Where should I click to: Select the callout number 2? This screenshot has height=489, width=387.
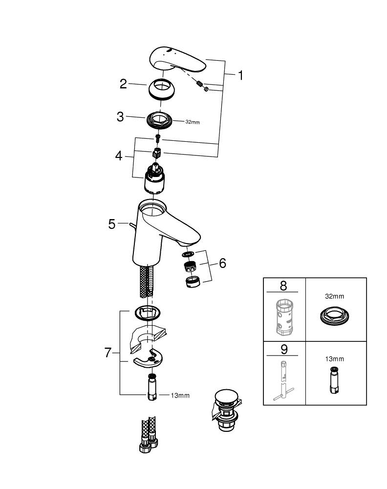pos(124,84)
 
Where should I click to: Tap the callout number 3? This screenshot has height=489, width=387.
pos(120,117)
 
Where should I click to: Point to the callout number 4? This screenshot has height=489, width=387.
pos(119,156)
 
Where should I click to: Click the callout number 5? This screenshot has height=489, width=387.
pos(112,224)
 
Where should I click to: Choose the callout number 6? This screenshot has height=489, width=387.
pos(222,263)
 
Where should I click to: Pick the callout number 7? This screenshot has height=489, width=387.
pos(108,353)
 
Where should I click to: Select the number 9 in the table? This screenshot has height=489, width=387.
pos(283,350)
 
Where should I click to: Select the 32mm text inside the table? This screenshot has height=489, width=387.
pos(335,296)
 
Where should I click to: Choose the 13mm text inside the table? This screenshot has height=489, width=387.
pos(335,359)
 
